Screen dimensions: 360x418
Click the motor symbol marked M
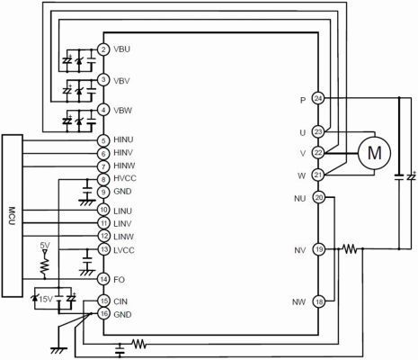coord(370,153)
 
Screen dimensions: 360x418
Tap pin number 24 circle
coord(318,98)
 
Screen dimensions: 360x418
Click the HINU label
coord(124,139)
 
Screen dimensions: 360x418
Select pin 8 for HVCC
coord(104,180)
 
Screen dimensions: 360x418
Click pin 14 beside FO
coord(104,278)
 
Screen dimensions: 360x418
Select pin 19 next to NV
coord(318,250)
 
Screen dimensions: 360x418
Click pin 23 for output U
coord(318,131)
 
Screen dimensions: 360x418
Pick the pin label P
coord(304,98)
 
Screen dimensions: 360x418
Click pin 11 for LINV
coord(104,223)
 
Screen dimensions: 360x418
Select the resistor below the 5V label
coord(42,264)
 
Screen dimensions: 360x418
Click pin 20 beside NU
coord(318,198)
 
